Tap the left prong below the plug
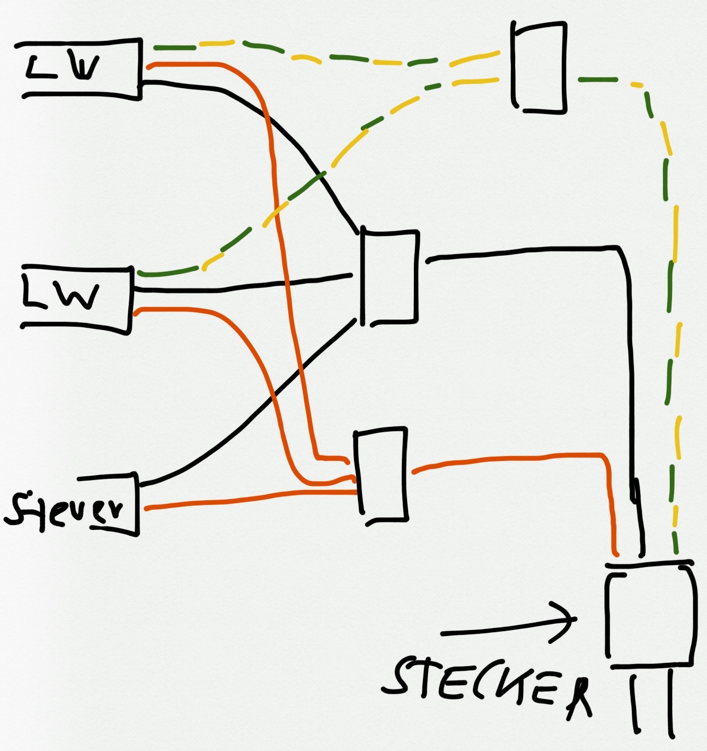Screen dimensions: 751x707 [635, 703]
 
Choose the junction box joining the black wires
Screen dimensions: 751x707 [390, 276]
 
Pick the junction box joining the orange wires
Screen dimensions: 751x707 [381, 475]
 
